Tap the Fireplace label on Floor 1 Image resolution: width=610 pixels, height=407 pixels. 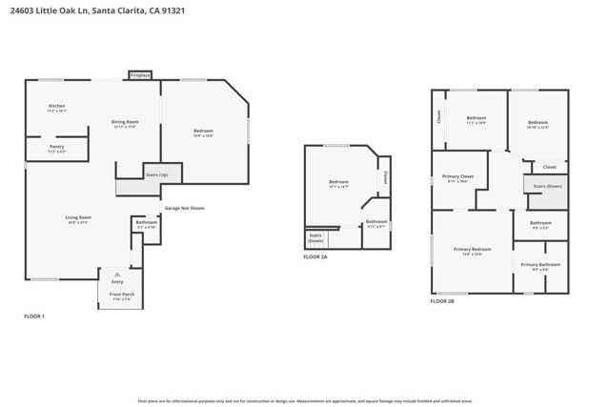tap(141, 72)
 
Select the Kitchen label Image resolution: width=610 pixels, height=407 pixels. tap(57, 106)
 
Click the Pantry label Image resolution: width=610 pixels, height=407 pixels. tap(57, 148)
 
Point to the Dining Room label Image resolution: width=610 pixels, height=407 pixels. tap(126, 122)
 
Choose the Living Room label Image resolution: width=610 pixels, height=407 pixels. tap(78, 218)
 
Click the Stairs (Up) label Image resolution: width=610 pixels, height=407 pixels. tap(157, 175)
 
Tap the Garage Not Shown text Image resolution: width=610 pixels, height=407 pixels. tap(184, 208)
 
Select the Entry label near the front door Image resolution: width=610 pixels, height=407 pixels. tap(117, 282)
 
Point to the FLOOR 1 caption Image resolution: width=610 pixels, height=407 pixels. tap(34, 315)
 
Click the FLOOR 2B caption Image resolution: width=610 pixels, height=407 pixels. tap(442, 300)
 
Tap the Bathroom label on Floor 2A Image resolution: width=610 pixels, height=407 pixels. tap(376, 221)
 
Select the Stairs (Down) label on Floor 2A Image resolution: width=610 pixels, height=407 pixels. tap(315, 238)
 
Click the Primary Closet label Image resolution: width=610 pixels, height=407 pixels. tap(458, 177)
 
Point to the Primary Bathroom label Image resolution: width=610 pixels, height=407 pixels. tap(540, 264)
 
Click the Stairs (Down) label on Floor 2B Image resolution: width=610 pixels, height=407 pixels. tap(547, 186)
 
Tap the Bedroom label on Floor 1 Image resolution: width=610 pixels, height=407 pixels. tap(203, 131)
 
